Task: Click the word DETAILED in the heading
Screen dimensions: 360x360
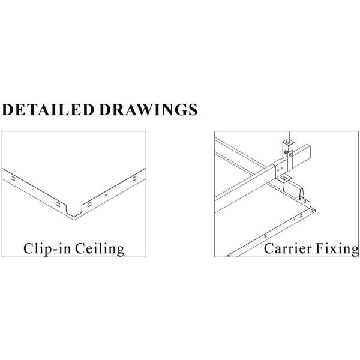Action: [x=48, y=110]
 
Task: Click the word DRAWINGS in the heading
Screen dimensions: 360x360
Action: [x=149, y=110]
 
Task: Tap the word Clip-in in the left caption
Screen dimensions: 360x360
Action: [x=47, y=249]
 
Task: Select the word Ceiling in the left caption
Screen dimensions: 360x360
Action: [x=100, y=249]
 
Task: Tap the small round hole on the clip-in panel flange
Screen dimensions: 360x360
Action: [x=106, y=195]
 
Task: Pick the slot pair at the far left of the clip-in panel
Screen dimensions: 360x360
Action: [x=13, y=179]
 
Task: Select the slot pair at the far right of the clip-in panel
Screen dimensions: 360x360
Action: [x=134, y=178]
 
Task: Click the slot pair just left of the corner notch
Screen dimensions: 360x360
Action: [x=58, y=204]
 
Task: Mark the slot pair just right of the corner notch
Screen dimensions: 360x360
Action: [x=90, y=204]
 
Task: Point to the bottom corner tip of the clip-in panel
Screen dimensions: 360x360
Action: [x=74, y=220]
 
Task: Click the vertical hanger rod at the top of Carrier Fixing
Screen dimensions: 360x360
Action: [x=289, y=136]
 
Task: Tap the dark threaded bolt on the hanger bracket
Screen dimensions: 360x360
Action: [x=286, y=152]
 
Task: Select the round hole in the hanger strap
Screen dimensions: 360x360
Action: [x=290, y=155]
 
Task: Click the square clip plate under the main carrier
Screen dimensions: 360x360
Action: [x=284, y=178]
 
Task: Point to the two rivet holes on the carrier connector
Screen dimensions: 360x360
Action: [x=280, y=170]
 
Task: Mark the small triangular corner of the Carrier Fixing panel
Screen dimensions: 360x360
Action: [x=312, y=211]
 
